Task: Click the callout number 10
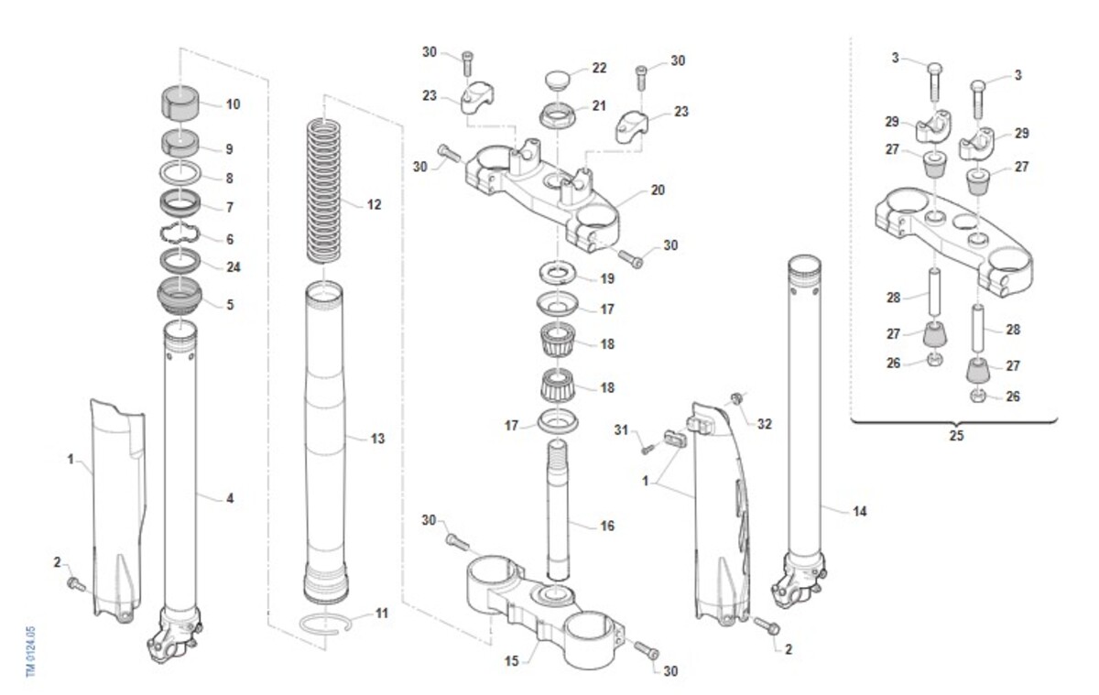coord(233,104)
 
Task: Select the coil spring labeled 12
coord(324,191)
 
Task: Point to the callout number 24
coord(233,267)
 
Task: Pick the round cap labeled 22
coord(559,80)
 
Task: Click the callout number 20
coord(658,190)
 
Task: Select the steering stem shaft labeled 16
coord(559,510)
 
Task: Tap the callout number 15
coord(512,661)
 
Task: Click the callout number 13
coord(377,439)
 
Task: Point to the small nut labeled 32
coord(735,398)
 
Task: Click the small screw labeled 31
coord(648,449)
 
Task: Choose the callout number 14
coord(860,512)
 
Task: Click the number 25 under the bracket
coord(956,436)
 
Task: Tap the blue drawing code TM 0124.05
coord(30,652)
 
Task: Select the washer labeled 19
coord(558,273)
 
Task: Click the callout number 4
coord(230,499)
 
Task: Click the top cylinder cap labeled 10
coord(180,102)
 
